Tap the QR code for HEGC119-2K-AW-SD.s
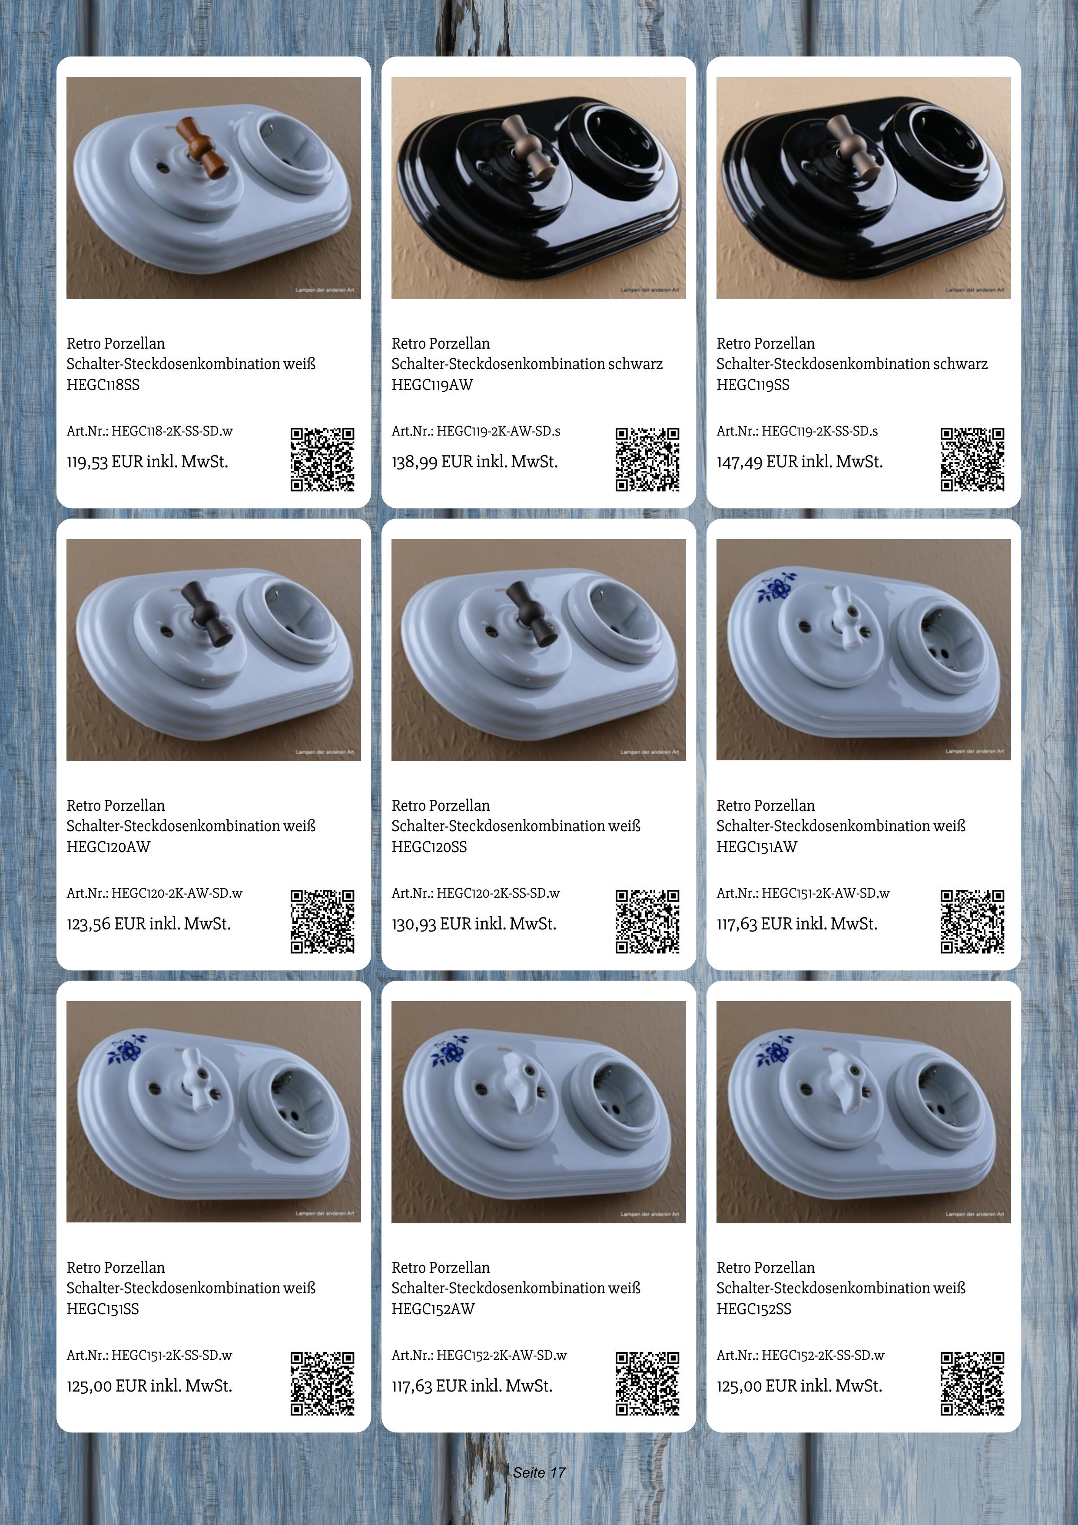point(647,459)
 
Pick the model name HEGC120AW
point(108,847)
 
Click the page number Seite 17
point(539,1472)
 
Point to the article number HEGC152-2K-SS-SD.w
point(800,1355)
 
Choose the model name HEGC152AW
point(433,1309)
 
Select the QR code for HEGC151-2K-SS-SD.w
point(322,1384)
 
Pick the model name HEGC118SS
point(103,385)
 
